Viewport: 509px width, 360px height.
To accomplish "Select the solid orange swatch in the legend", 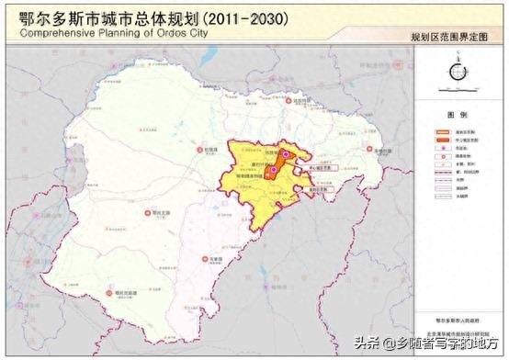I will pyautogui.click(x=439, y=131).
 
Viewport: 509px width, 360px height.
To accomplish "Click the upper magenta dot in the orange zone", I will pyautogui.click(x=286, y=156).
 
